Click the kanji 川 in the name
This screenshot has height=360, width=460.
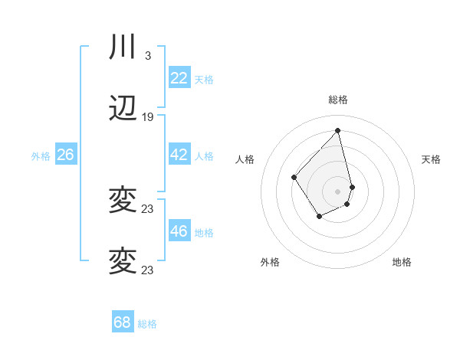click(x=123, y=47)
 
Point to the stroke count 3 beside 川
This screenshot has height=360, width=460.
click(x=148, y=55)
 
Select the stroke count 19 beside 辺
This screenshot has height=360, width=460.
click(x=148, y=117)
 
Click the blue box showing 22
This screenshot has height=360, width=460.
click(x=179, y=78)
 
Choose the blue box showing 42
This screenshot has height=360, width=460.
click(x=179, y=155)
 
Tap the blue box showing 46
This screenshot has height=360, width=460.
click(x=179, y=231)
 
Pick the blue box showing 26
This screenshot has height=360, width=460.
click(x=65, y=155)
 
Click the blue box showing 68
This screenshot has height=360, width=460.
click(x=123, y=322)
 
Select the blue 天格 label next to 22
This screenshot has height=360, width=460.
click(x=204, y=79)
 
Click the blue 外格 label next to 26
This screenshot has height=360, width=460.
click(x=41, y=155)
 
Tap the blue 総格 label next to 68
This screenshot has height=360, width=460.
click(x=147, y=324)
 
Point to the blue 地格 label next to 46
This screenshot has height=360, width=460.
click(x=204, y=232)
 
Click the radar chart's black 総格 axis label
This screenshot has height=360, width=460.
click(x=337, y=100)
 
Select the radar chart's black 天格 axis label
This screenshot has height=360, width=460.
click(x=431, y=159)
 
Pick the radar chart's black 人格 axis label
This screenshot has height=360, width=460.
click(x=245, y=159)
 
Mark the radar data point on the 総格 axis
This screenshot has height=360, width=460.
click(x=337, y=130)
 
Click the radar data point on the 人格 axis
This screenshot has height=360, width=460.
click(x=294, y=178)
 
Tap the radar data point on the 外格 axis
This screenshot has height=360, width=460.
click(x=320, y=217)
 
